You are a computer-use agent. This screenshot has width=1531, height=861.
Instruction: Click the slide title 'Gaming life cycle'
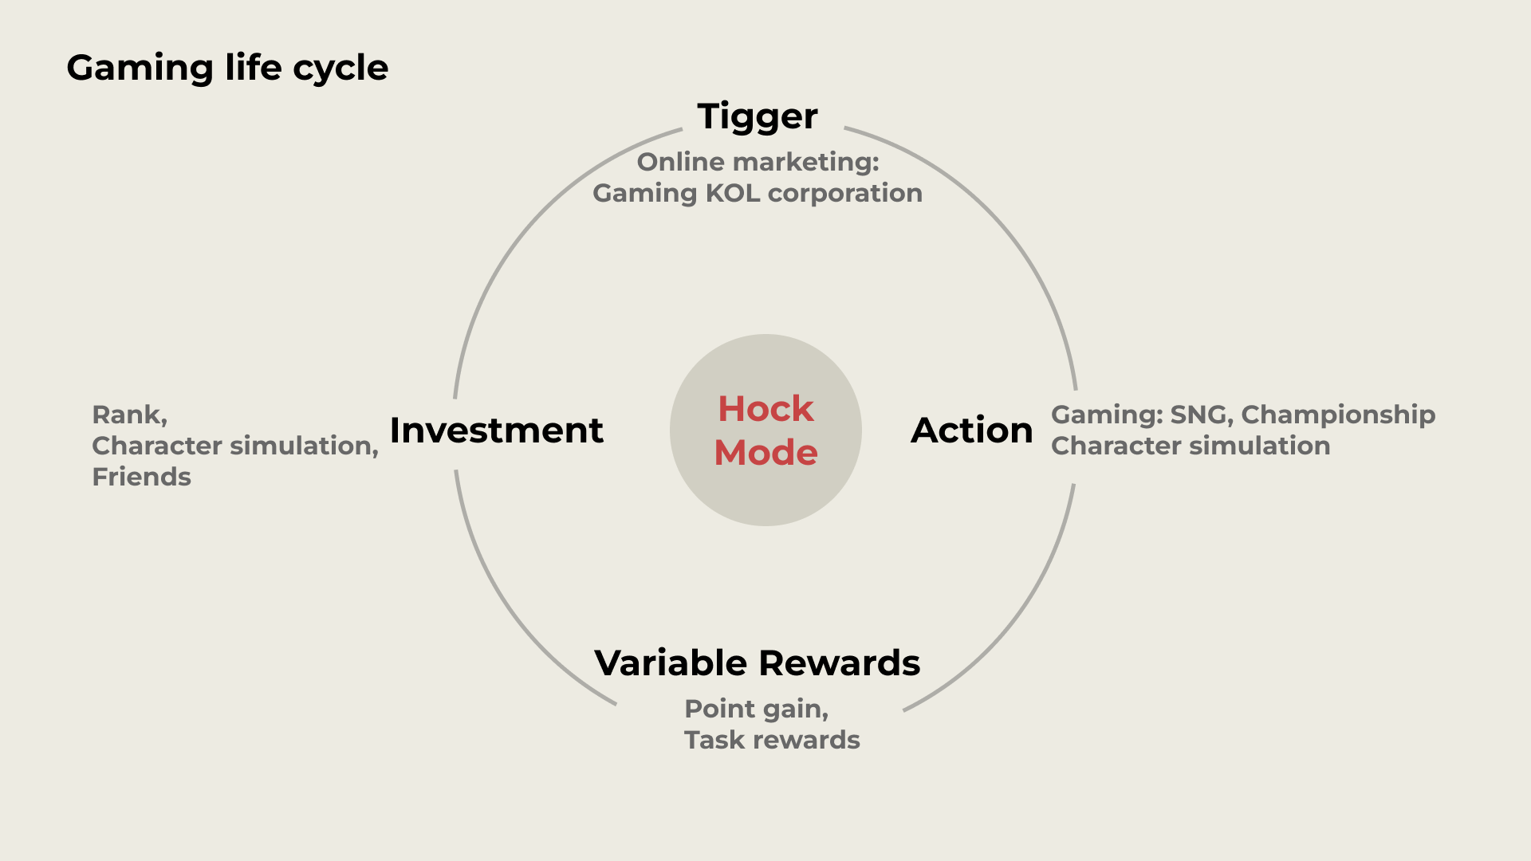(x=227, y=69)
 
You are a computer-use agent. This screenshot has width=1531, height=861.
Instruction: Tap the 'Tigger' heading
(x=758, y=117)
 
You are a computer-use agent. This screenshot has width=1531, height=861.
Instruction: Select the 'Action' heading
(x=972, y=431)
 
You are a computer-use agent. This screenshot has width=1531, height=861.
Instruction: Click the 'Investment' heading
(x=497, y=431)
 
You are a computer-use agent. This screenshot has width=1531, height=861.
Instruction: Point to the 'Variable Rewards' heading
(x=758, y=663)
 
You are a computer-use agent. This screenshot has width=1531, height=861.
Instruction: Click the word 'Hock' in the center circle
(x=765, y=409)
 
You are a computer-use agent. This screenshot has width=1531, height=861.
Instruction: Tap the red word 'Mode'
(x=765, y=453)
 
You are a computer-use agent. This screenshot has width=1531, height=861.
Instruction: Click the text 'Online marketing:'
(x=758, y=162)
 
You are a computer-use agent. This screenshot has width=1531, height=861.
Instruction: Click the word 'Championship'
(x=1338, y=415)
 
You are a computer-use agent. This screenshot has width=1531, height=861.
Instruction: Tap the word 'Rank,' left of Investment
(x=130, y=415)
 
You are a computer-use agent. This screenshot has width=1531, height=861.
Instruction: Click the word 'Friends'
(x=142, y=477)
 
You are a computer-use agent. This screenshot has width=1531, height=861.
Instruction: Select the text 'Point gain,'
(x=757, y=710)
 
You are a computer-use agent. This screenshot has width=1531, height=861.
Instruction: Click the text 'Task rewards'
(x=772, y=740)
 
